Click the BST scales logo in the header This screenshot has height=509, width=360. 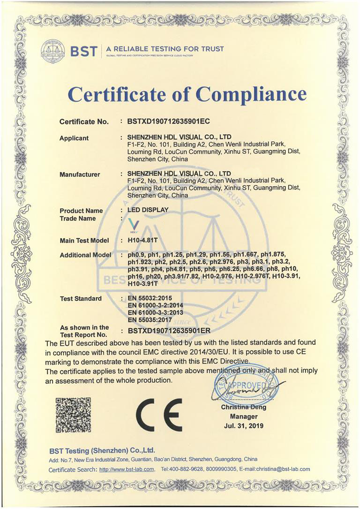click(52, 49)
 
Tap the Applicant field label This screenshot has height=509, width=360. click(74, 138)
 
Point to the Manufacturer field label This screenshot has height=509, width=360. click(80, 175)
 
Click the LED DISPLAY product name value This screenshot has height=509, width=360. click(148, 210)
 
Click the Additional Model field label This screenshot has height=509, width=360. click(85, 255)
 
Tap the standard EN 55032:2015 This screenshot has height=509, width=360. click(149, 298)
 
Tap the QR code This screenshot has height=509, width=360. click(73, 415)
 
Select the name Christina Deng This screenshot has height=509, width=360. click(244, 407)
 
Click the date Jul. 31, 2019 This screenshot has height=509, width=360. click(244, 426)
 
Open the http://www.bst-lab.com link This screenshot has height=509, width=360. click(127, 469)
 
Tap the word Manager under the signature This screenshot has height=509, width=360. click(244, 417)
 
